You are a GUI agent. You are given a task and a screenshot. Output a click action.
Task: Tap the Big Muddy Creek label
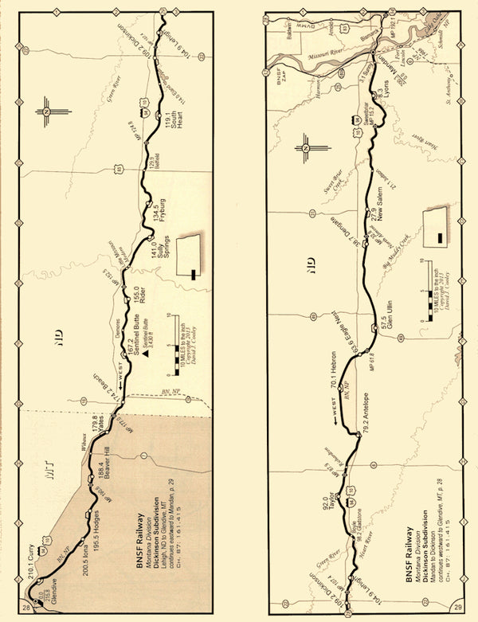coord(413,268)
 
